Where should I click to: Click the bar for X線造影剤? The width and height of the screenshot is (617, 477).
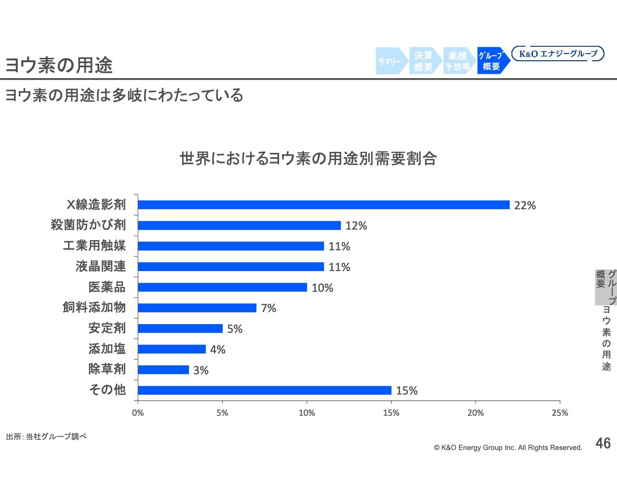click(x=323, y=205)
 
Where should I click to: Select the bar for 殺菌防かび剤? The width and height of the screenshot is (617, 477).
click(x=239, y=225)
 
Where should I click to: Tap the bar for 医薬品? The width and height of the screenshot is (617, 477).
click(x=222, y=287)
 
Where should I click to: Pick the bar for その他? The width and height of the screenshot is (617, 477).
click(x=264, y=390)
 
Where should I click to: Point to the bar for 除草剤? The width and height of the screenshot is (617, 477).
click(x=163, y=370)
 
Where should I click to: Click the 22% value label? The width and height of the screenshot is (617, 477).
click(x=525, y=205)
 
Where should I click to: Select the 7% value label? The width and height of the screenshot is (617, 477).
click(x=268, y=308)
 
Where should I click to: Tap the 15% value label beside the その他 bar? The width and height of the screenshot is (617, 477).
click(x=407, y=391)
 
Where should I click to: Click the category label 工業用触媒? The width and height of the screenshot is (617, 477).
click(x=94, y=245)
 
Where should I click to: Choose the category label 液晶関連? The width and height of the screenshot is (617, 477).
click(x=101, y=266)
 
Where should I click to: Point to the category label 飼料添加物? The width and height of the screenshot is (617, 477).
click(x=94, y=307)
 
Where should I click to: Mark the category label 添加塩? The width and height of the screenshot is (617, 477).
click(x=107, y=349)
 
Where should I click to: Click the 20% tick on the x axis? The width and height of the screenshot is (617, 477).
click(x=475, y=413)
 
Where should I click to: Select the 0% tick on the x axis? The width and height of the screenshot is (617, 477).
click(x=138, y=413)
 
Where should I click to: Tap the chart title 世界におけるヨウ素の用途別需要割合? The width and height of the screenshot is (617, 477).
click(x=308, y=158)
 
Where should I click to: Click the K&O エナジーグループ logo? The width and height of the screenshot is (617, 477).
click(x=558, y=54)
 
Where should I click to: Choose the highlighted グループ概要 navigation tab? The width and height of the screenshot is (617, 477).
click(x=492, y=61)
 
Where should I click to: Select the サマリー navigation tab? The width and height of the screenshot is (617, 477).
click(x=390, y=61)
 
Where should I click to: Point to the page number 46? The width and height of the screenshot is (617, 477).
click(x=603, y=443)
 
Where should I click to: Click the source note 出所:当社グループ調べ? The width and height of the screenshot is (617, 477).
click(x=46, y=436)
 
